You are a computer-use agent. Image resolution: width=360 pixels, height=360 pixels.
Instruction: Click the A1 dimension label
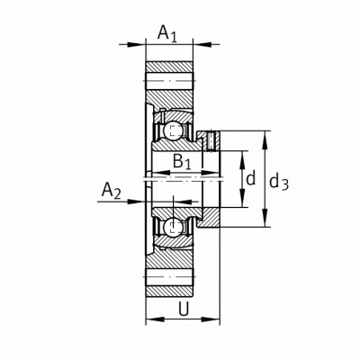coord(167,33)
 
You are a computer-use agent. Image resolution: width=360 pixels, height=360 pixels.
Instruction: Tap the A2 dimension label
coord(112,191)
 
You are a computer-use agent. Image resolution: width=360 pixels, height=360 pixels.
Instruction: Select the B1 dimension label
coord(182,162)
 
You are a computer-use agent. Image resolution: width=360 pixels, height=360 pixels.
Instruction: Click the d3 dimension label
coord(279,182)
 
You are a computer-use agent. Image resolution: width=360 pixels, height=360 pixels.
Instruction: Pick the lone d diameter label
coord(250,178)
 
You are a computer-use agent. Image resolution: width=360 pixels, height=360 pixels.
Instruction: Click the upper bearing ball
coord(172,130)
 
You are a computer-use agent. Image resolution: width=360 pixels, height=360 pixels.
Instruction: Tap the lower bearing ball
coord(172,226)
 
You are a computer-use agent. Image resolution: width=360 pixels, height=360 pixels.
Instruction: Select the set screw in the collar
coord(211,140)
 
